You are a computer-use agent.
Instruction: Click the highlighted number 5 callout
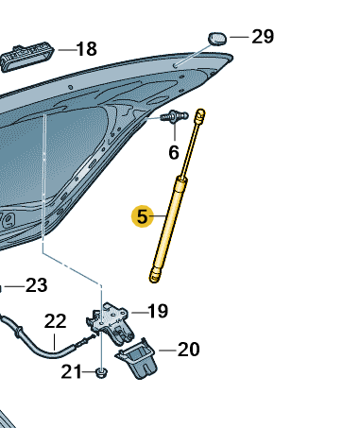click(143, 216)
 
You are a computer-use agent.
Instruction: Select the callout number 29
click(263, 37)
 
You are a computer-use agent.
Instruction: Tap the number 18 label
click(87, 49)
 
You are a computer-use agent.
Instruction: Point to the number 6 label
click(174, 152)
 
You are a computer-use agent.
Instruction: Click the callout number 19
click(158, 311)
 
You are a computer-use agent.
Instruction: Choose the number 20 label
click(189, 350)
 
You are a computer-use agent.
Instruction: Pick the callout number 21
click(71, 371)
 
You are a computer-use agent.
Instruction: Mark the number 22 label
click(55, 321)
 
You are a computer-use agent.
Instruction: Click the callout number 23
click(36, 285)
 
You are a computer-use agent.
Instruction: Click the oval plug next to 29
click(217, 39)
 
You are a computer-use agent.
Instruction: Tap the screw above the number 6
click(174, 116)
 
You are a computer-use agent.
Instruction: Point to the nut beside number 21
click(101, 373)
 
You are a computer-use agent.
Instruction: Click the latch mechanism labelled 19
click(111, 323)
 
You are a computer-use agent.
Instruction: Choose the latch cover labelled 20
click(137, 359)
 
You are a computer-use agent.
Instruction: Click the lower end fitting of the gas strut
click(154, 275)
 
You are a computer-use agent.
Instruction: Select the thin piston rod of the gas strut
click(190, 148)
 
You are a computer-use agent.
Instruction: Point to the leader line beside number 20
click(167, 351)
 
